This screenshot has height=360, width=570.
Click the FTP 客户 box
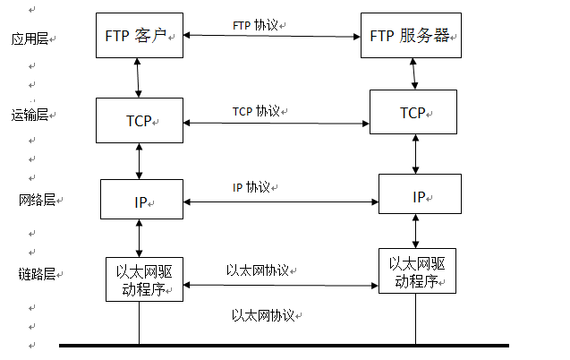pos(138,36)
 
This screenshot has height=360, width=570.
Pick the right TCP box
pos(413,114)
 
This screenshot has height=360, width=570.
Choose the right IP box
pos(420,195)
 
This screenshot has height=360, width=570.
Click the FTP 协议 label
pos(259,26)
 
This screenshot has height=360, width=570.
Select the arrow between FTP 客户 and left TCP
pos(138,79)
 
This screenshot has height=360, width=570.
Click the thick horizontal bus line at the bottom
pos(284,345)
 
